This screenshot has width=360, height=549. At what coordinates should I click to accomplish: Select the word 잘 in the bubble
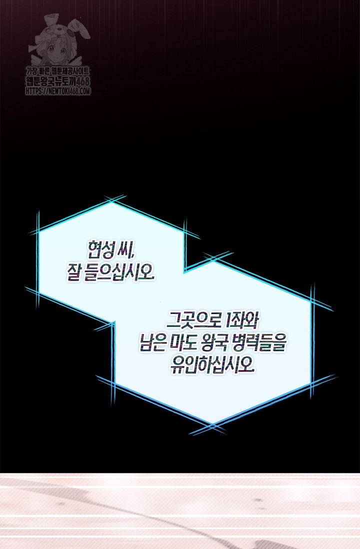pyautogui.click(x=73, y=272)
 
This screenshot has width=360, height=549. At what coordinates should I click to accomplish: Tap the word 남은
pyautogui.click(x=152, y=343)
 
